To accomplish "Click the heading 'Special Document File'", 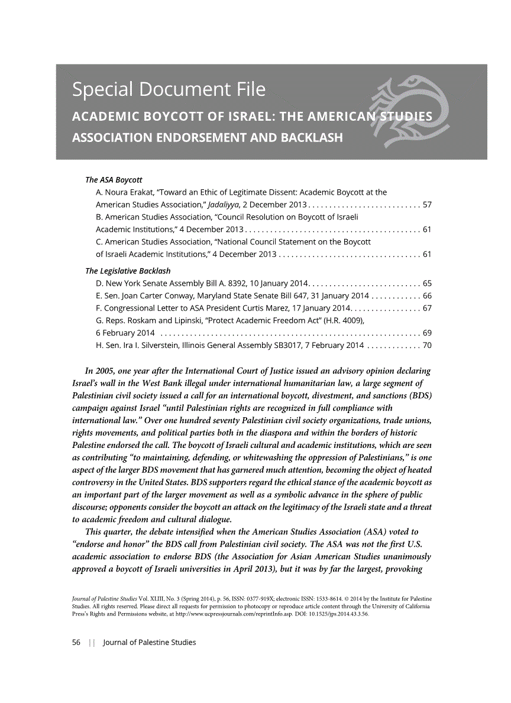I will (169, 91).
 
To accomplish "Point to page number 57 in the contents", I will (427, 205).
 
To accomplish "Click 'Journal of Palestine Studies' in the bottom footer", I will (149, 642).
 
